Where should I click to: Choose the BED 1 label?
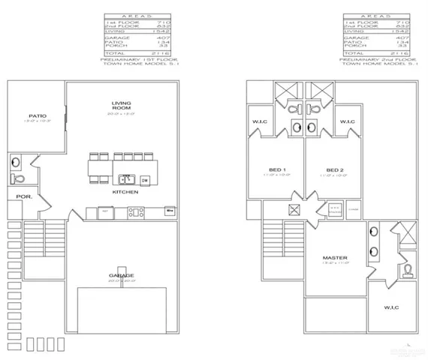276,169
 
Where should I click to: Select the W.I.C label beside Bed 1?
261,121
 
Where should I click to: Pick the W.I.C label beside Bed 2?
348,121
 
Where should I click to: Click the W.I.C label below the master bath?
390,307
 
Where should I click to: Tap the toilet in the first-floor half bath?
18,178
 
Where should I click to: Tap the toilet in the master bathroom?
406,268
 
